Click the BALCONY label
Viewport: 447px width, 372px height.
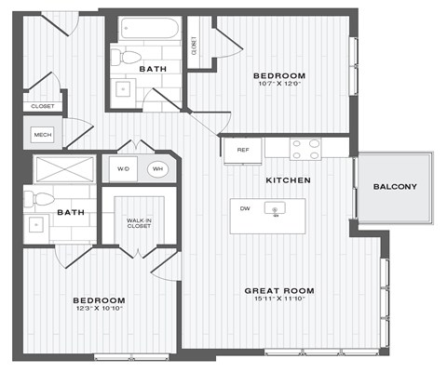pos(395,187)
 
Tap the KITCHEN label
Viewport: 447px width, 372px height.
pos(288,179)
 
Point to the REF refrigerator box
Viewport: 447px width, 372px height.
pos(242,149)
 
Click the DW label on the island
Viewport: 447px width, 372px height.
pos(244,208)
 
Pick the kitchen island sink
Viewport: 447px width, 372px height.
pos(276,210)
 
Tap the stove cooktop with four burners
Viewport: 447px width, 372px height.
pos(305,149)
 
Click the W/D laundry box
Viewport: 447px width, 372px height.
pos(124,169)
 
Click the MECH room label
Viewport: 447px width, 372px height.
pos(42,135)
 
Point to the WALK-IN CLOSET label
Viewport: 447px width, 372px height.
pos(139,223)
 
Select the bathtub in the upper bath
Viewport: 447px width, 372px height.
pos(147,29)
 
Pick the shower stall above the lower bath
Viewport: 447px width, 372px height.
pos(63,169)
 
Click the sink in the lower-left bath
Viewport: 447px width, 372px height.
pos(37,224)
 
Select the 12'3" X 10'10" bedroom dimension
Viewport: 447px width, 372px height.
pos(99,310)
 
